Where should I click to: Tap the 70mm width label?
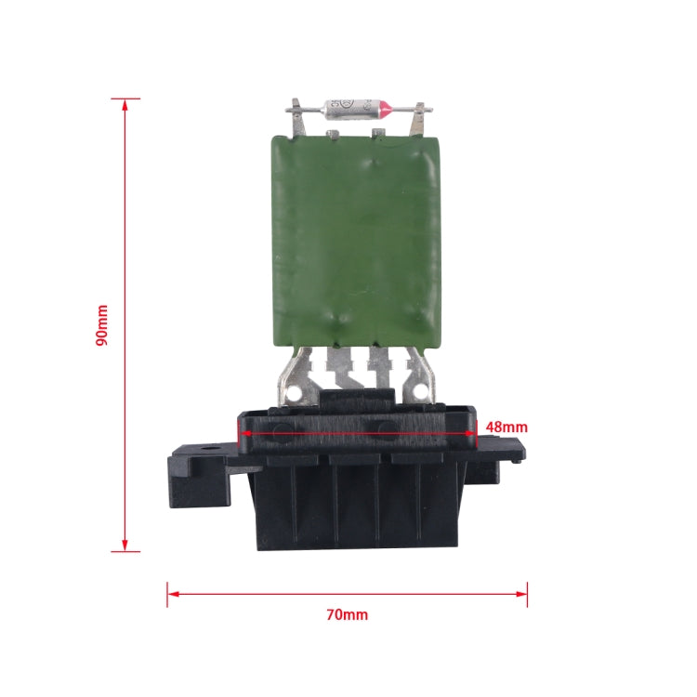[x=347, y=614]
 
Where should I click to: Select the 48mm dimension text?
[x=506, y=427]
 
